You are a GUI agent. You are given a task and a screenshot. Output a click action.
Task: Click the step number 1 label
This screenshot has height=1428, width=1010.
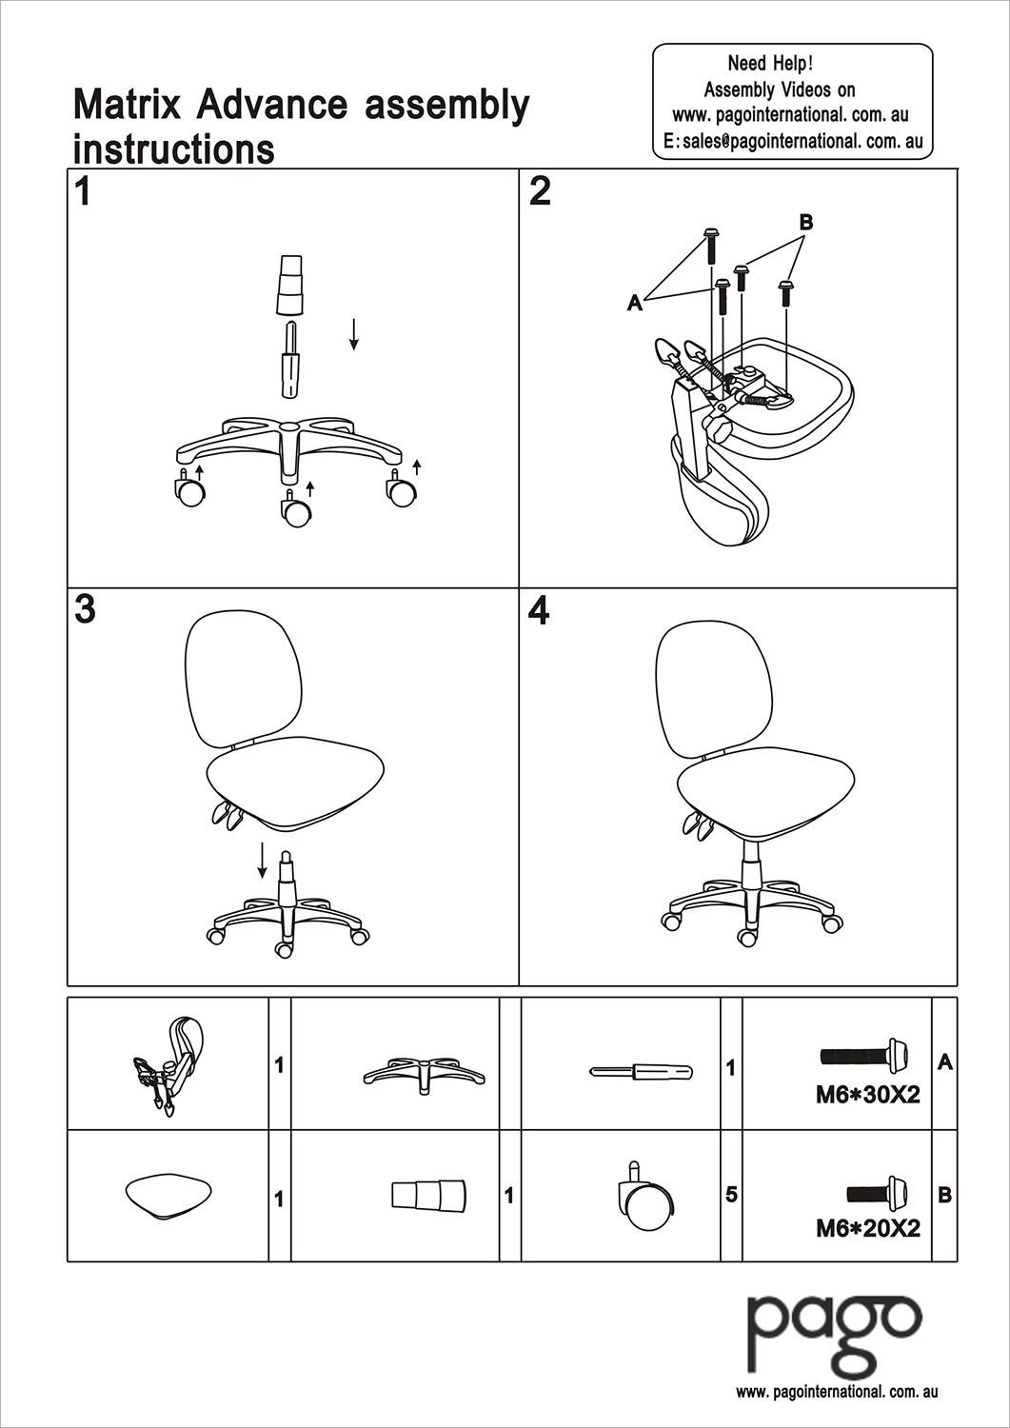pos(83,191)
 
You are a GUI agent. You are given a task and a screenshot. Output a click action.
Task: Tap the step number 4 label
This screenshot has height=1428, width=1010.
pos(539,610)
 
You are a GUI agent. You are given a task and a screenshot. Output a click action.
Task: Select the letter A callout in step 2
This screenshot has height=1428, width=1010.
pos(635,303)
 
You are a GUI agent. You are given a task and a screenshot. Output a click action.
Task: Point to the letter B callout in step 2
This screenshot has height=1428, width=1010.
pos(805,222)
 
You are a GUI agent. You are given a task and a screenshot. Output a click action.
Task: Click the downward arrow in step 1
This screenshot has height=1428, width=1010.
pos(353,333)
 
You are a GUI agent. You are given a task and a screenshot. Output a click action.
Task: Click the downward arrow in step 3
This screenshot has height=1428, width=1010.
pos(262,861)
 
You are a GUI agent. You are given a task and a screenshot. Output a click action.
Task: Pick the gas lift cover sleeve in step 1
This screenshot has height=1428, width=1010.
pos(289,285)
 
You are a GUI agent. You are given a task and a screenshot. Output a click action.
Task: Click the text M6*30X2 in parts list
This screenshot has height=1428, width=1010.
pos(867,1095)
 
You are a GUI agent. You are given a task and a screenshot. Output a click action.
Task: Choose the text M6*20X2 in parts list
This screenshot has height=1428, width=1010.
pos(867,1228)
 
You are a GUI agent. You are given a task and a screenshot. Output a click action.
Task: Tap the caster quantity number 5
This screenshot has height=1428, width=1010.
pos(731,1194)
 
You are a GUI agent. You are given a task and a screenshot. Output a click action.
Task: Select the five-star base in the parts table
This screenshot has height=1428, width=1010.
pos(424,1073)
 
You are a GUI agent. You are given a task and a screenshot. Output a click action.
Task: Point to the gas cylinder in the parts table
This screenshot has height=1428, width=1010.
pos(641,1071)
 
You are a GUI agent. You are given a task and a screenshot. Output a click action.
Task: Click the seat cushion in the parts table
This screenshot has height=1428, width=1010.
pos(168,1195)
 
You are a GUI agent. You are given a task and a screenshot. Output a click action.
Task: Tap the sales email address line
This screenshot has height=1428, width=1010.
pos(792,141)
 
